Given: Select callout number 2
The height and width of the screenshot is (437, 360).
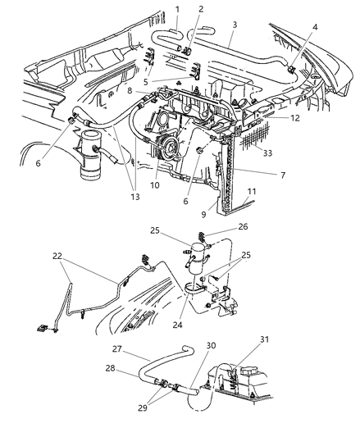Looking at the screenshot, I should coord(200,9).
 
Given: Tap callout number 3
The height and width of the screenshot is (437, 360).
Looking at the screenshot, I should coord(235,26).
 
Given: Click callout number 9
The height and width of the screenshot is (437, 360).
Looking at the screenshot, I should coord(203,214).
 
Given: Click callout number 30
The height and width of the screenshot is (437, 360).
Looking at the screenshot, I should coord(189,346).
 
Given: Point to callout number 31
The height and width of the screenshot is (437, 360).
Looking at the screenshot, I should coord(264,342).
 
